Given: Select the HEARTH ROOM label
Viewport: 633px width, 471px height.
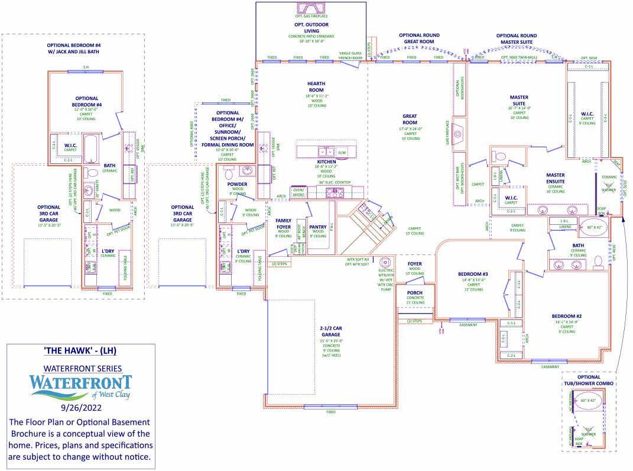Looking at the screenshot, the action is (x=316, y=86).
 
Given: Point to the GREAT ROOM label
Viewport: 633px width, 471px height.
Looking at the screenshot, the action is (x=410, y=119).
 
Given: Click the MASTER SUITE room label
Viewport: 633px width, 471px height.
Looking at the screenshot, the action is (x=518, y=100).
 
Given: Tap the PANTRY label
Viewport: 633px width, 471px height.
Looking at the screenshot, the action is (x=318, y=227).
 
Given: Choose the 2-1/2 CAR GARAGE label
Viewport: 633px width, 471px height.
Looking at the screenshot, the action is (x=329, y=331).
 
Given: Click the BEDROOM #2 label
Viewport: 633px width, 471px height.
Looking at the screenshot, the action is (x=567, y=317).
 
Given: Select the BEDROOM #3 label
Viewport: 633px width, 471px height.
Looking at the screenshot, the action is (x=473, y=274).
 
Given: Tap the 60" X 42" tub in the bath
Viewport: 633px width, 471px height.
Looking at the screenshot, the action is (x=595, y=227).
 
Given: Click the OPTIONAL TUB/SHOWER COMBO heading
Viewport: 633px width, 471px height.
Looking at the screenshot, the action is (x=588, y=380).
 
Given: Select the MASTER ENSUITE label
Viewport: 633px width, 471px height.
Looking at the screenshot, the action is (x=555, y=178).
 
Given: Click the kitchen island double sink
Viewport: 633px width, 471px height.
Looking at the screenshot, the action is (x=326, y=151).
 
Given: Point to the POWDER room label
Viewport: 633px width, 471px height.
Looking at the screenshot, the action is (x=237, y=184).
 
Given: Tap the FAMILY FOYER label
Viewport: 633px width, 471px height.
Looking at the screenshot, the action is (x=284, y=223).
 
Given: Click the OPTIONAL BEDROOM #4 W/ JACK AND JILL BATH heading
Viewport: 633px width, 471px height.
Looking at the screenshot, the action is (x=74, y=49).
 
